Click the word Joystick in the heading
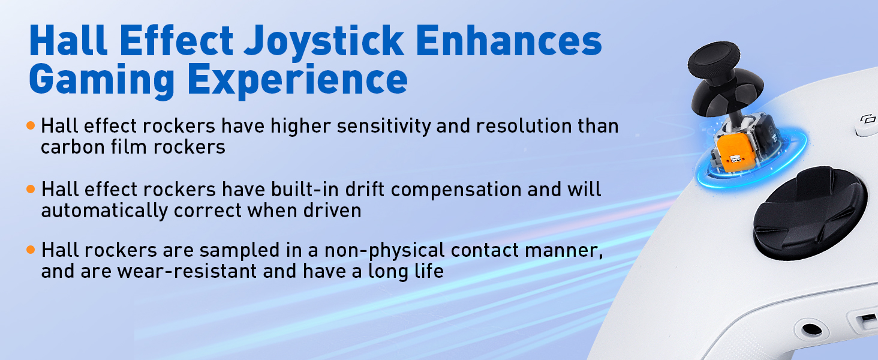[x=324, y=42]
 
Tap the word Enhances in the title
[x=509, y=40]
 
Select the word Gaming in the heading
[x=101, y=80]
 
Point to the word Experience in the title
[x=297, y=80]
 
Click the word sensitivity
[x=384, y=126]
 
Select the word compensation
[x=456, y=190]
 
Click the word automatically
[x=104, y=211]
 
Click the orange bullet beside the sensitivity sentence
[x=31, y=125]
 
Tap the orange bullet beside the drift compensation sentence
[x=31, y=190]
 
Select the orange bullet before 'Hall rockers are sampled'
[x=31, y=250]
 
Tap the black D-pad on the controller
[x=810, y=212]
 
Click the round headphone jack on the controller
[x=811, y=329]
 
